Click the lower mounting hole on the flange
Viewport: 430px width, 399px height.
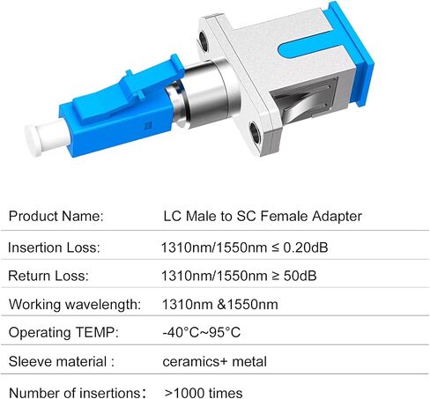[x=255, y=134]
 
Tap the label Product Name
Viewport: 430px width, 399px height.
[x=56, y=216]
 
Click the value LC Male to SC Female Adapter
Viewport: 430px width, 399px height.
[x=263, y=217]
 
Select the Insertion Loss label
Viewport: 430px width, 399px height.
[x=54, y=248]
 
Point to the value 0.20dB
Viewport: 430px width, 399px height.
[x=306, y=248]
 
